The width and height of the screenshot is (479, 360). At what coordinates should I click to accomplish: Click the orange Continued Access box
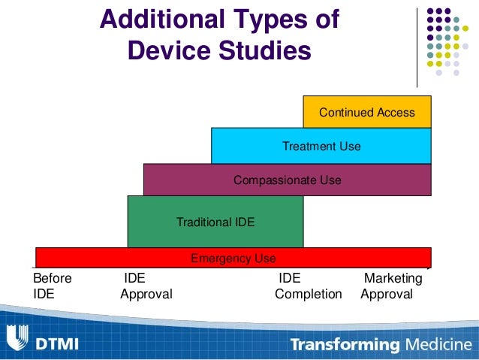click(x=366, y=112)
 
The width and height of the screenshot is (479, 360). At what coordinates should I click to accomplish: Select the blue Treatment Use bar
click(x=321, y=146)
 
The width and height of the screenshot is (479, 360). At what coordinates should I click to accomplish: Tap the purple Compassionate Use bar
click(x=287, y=180)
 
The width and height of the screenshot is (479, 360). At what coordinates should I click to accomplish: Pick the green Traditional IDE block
click(x=215, y=222)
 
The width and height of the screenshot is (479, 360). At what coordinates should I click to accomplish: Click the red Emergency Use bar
click(x=233, y=258)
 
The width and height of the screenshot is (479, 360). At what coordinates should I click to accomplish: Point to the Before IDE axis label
click(x=52, y=286)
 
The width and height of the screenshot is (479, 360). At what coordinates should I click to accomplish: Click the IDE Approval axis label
click(x=146, y=286)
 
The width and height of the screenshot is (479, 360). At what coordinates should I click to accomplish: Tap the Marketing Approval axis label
click(x=390, y=286)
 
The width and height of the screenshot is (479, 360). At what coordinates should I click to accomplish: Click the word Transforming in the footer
click(x=345, y=345)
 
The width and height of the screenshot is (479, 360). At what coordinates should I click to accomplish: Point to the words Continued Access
click(x=366, y=112)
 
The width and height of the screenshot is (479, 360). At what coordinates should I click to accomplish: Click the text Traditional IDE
click(x=215, y=222)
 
